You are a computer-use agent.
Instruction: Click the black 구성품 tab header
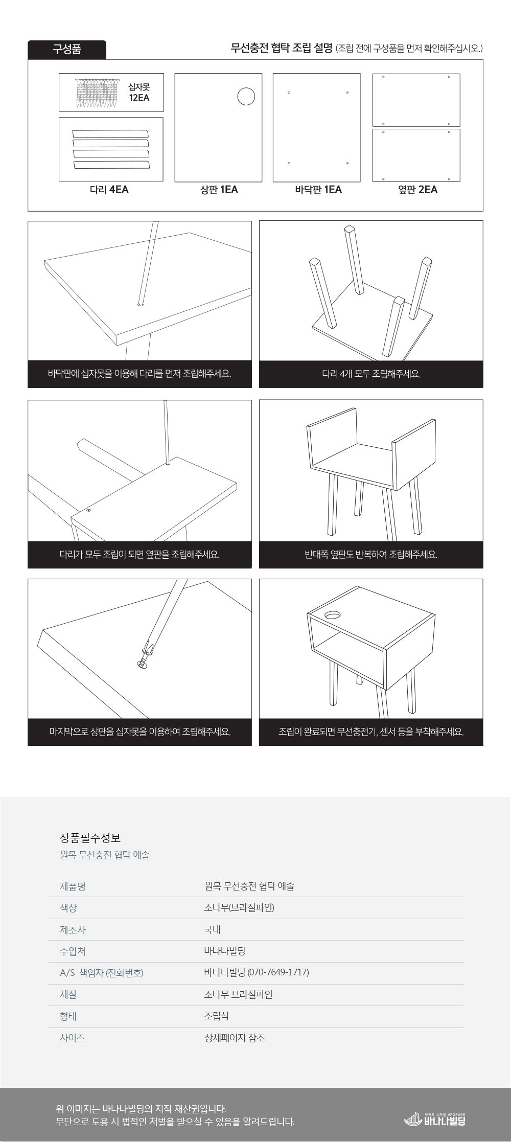click(x=67, y=50)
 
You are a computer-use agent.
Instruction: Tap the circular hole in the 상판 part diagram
click(x=246, y=97)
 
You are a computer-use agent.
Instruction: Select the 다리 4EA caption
click(x=109, y=190)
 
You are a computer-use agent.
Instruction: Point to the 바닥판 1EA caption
click(x=318, y=190)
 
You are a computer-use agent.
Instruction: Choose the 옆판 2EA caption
click(x=417, y=190)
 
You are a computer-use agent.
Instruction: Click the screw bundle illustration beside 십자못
click(x=97, y=93)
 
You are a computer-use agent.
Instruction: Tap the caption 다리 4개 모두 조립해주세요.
click(x=371, y=374)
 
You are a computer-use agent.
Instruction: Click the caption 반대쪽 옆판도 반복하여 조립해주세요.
click(x=371, y=554)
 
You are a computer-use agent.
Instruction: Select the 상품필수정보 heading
click(x=90, y=838)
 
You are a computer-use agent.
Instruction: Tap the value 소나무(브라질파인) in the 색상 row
click(x=239, y=907)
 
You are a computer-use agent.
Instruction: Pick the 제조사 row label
click(x=73, y=929)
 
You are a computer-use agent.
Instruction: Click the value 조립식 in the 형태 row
click(x=216, y=1016)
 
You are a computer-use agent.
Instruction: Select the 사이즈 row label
click(x=73, y=1038)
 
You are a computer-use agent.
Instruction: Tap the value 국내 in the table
click(x=212, y=929)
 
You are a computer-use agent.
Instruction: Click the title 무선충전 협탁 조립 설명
click(x=282, y=49)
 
